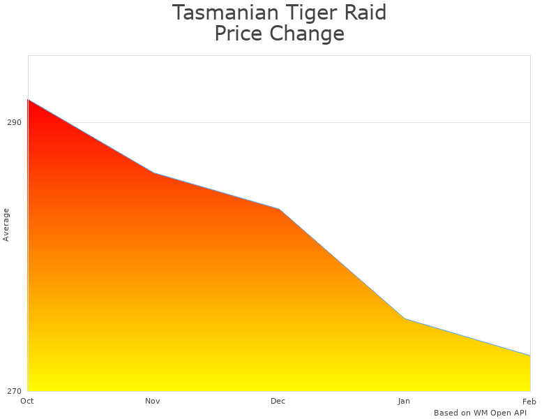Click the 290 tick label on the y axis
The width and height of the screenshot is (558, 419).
[14, 122]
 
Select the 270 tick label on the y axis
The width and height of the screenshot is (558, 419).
[14, 391]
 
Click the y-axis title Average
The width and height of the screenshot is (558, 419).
[6, 225]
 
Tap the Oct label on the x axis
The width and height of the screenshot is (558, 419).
[27, 401]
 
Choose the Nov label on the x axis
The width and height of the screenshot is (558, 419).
[153, 401]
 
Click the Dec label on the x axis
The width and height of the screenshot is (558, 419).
[278, 401]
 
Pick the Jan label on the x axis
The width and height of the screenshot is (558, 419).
[404, 401]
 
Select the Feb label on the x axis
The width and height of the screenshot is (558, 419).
[529, 401]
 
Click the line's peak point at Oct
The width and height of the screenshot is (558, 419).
[28, 100]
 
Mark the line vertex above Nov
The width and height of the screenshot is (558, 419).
[153, 172]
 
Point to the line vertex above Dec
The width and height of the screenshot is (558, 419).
[279, 209]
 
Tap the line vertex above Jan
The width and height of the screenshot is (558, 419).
[405, 318]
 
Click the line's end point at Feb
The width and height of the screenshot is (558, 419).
[530, 355]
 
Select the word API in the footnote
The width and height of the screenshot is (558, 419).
[518, 413]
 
